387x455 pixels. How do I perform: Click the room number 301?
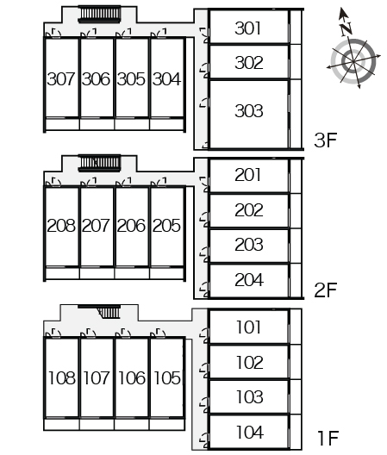tap(247, 28)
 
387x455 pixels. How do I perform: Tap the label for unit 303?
tap(249, 111)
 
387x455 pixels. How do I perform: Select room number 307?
tap(61, 79)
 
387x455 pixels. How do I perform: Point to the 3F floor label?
tap(326, 140)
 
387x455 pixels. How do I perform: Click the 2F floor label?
tap(326, 290)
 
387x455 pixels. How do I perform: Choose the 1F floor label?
tap(328, 438)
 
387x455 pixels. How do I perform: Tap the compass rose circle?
tap(353, 61)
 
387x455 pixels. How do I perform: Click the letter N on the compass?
tap(346, 29)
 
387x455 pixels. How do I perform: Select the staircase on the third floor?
tap(100, 14)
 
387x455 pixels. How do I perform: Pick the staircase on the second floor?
tap(100, 163)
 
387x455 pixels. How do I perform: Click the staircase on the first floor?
tap(108, 312)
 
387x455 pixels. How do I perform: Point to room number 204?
tap(249, 280)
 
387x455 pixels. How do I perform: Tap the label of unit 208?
tap(61, 226)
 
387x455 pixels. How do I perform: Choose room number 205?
tap(166, 226)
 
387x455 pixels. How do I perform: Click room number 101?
tap(248, 327)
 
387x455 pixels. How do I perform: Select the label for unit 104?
tap(250, 433)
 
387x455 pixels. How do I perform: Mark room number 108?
tap(62, 377)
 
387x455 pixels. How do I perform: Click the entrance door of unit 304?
tap(159, 34)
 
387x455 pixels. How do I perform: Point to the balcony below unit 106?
tap(132, 425)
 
